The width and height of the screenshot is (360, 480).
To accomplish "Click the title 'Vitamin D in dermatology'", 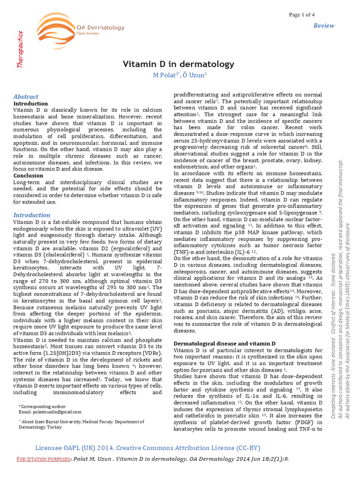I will pos(178,64).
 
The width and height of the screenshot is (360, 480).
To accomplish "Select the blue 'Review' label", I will pos(324,26).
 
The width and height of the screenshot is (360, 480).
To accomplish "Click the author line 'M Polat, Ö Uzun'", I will pos(180,75).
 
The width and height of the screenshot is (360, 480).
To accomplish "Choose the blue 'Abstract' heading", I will pos(26,96).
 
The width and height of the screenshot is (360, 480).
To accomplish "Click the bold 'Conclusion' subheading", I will pos(28,176).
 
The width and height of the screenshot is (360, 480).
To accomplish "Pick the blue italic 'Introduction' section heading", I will pos(31,215).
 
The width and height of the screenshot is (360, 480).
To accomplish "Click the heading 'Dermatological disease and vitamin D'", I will pos(225,344).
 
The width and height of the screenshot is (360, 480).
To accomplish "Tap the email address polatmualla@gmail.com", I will pos(57,412).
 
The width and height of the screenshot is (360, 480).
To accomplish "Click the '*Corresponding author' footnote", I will pos(42,406).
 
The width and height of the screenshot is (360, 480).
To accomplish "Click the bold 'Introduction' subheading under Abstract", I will pos(30,104).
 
